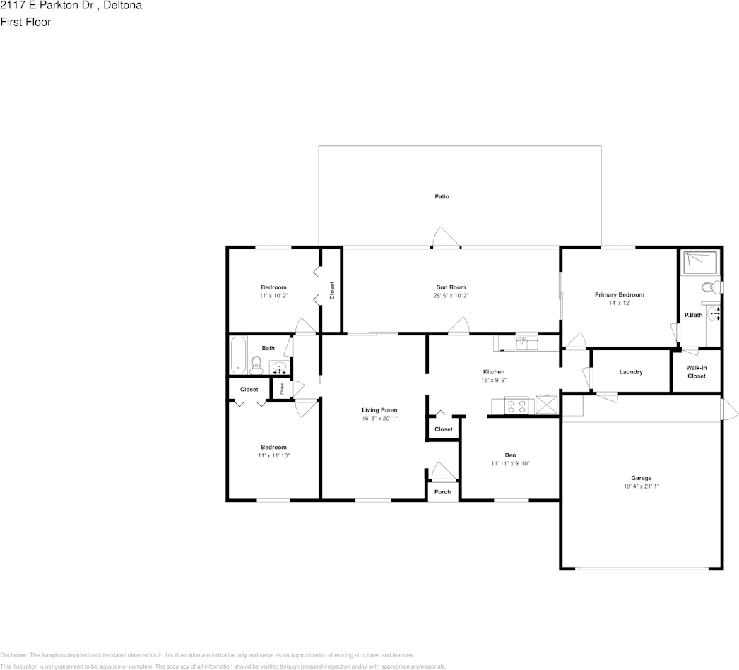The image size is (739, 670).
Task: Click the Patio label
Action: coord(442,196)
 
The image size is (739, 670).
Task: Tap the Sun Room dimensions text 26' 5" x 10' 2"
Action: coord(451,296)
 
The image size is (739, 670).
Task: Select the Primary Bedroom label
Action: coord(619,294)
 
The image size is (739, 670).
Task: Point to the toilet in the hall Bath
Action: coord(256,364)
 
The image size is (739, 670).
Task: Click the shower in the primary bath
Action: coord(699,263)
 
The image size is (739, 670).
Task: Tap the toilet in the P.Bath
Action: coord(707,287)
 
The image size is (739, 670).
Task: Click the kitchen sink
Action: coord(526,344)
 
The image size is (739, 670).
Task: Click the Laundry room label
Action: coord(630,372)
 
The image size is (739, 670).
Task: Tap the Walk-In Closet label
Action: coord(696,372)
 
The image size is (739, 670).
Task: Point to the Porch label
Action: coord(442,492)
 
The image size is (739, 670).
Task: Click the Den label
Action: coord(510,455)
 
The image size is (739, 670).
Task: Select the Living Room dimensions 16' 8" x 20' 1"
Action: coord(379,419)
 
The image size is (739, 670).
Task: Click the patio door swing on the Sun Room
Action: coord(446,238)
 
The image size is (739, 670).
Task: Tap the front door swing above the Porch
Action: coord(442,472)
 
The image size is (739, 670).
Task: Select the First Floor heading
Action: coord(25,22)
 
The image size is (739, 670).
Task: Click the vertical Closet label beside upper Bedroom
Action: coord(331,289)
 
